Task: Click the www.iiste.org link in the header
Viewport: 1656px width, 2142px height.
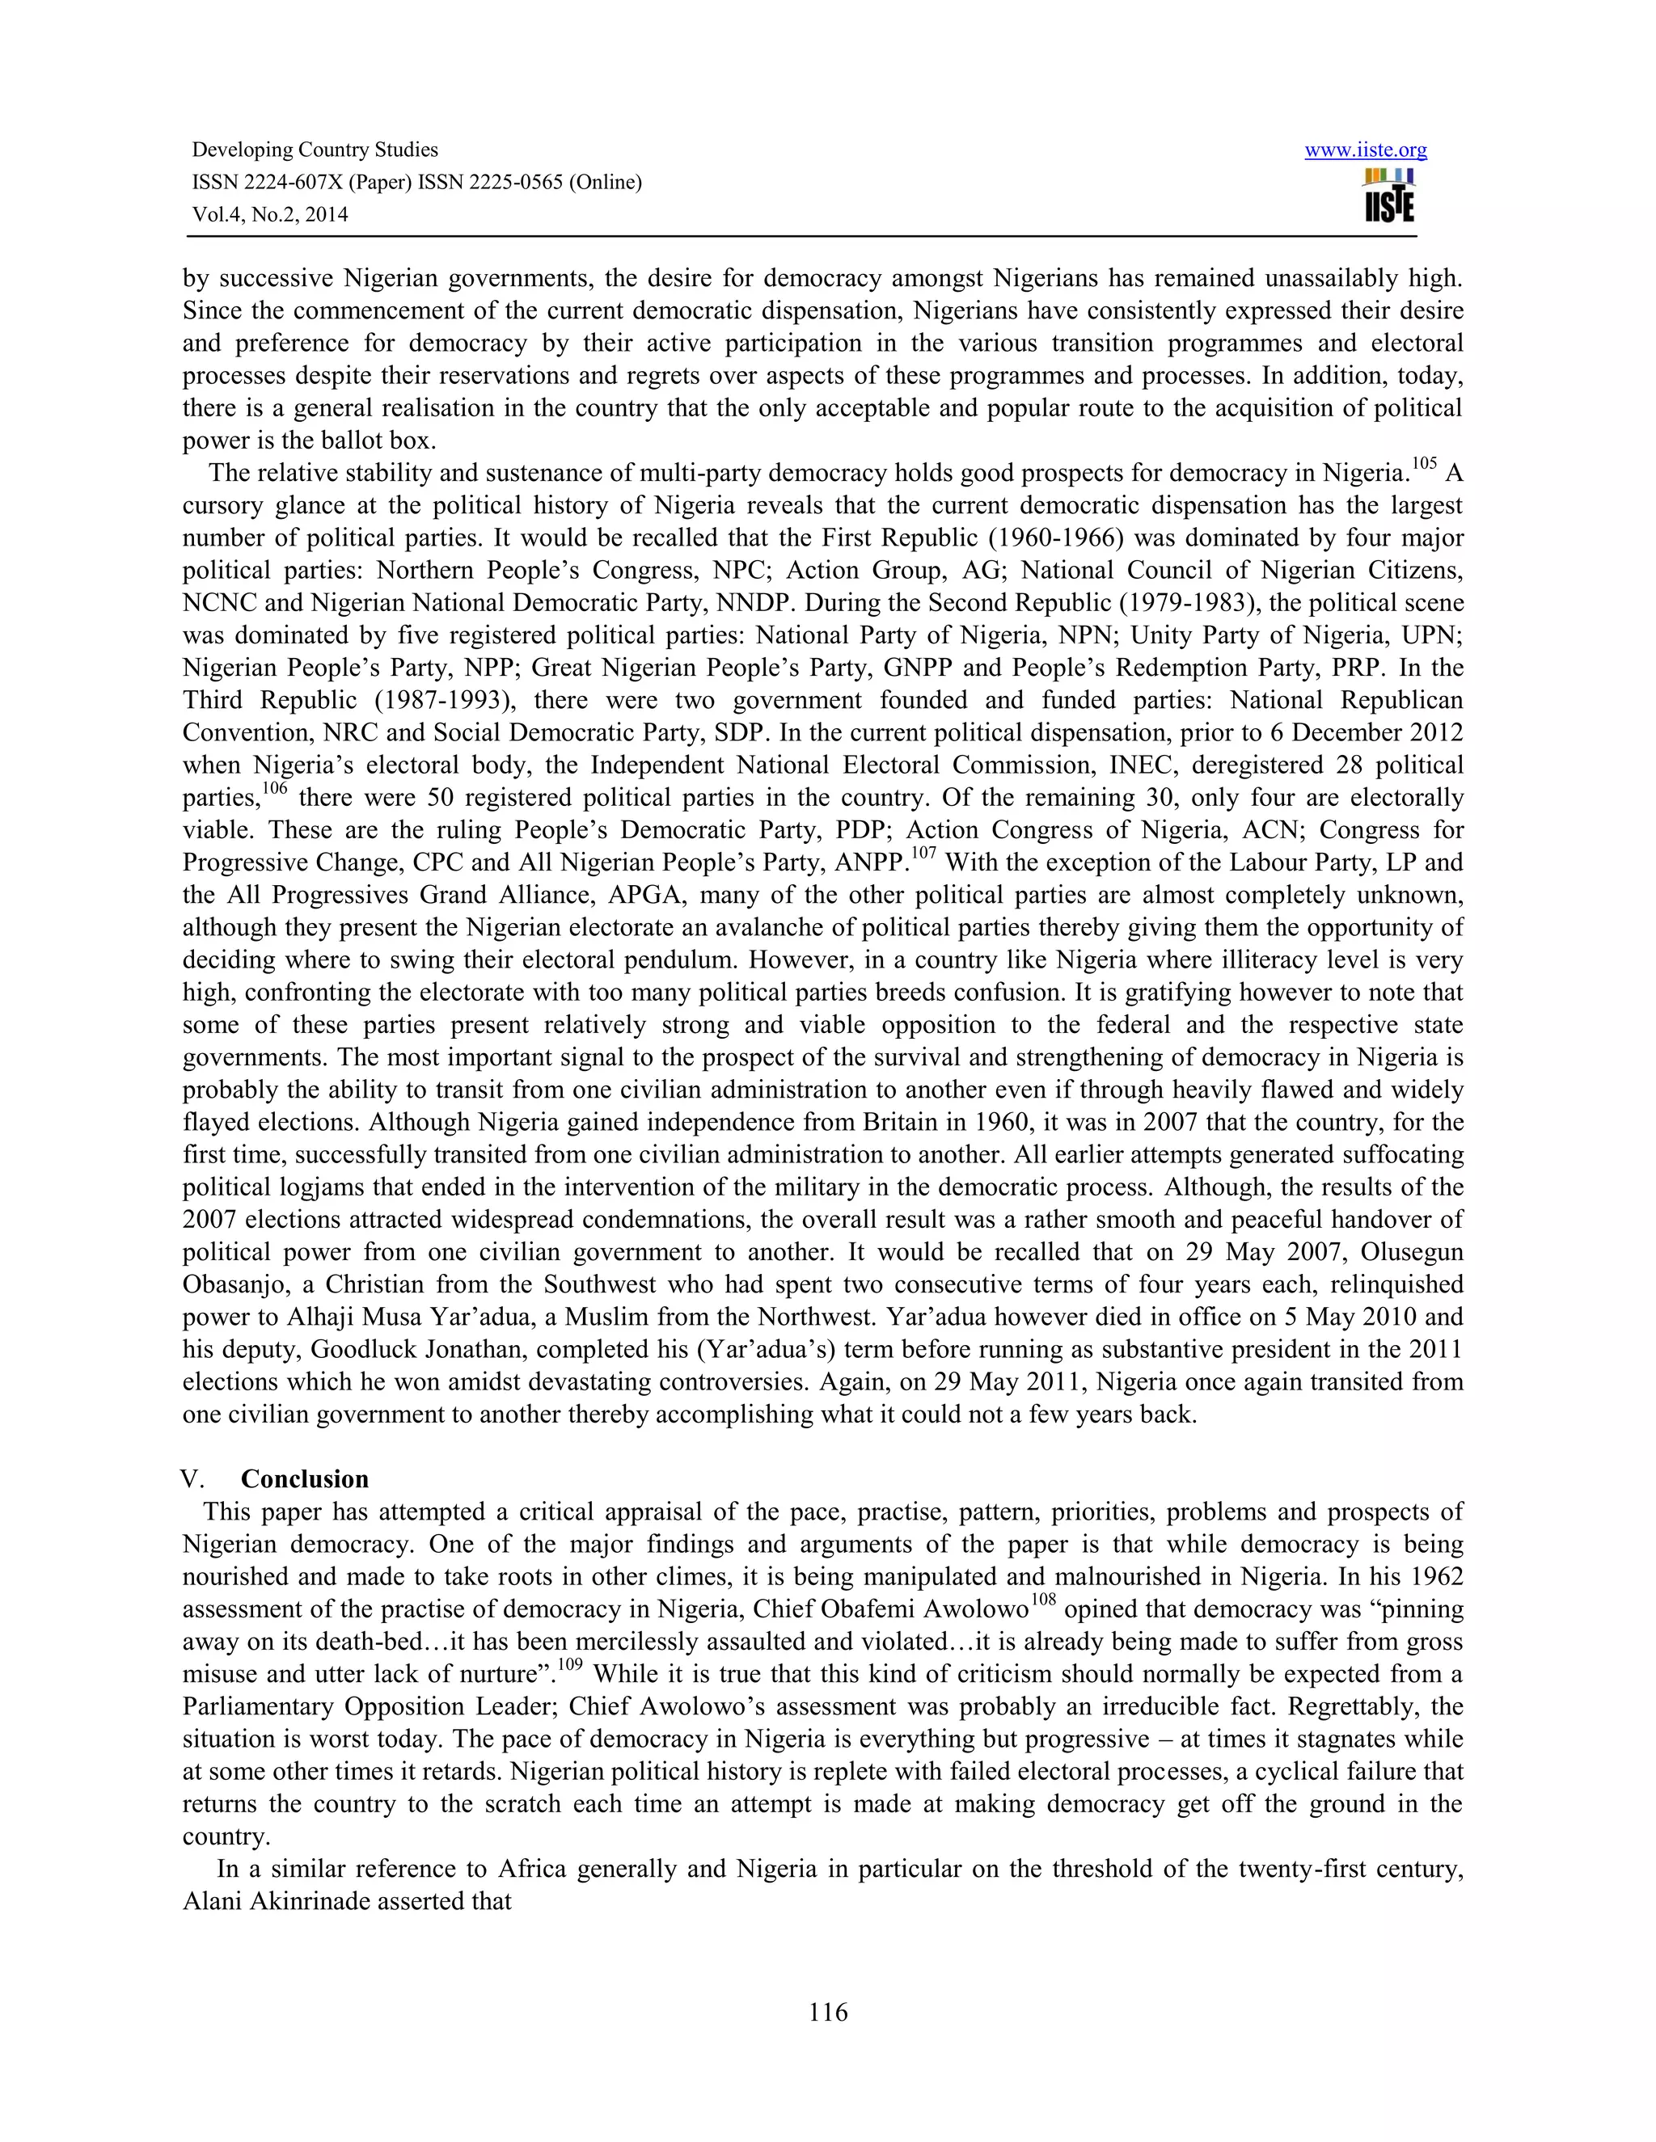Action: click(1365, 150)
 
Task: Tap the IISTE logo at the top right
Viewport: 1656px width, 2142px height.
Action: click(1388, 196)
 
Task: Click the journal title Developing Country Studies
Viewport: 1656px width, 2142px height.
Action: click(315, 150)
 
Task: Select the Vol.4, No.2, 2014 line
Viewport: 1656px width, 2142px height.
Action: click(270, 215)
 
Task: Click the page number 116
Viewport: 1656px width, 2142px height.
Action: click(828, 2012)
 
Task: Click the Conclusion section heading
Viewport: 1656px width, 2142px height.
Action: click(304, 1478)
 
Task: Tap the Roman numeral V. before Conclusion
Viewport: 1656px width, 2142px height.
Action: click(193, 1479)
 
